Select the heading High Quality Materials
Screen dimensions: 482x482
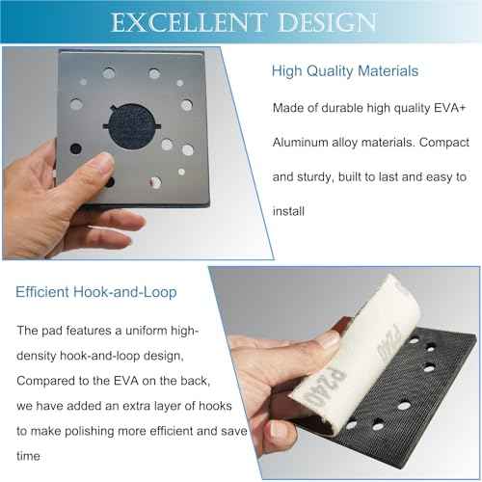tap(344, 70)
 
